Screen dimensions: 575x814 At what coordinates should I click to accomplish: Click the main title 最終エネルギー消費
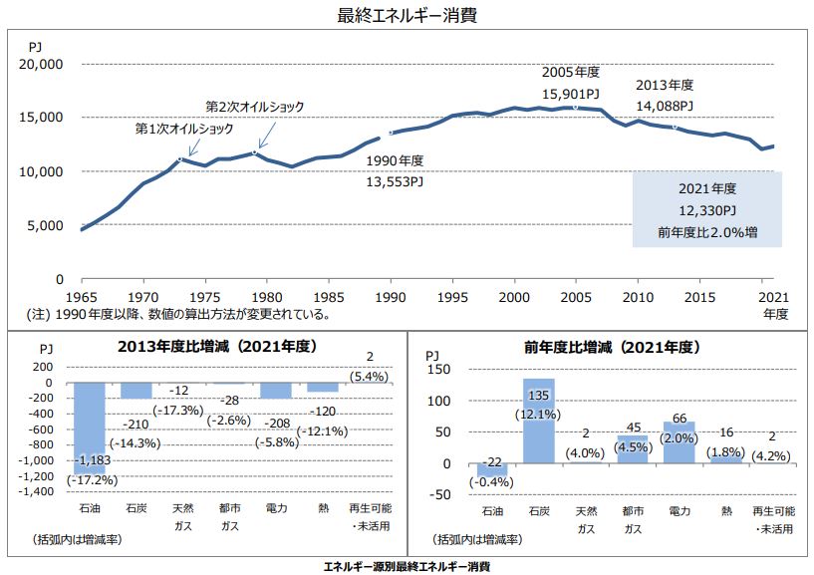(x=407, y=15)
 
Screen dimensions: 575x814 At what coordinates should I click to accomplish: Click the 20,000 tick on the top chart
(x=42, y=64)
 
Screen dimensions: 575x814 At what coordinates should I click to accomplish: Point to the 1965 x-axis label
(x=81, y=296)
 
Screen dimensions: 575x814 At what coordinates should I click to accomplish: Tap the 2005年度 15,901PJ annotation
(x=572, y=83)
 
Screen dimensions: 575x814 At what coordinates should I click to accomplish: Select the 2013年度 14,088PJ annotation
(x=665, y=95)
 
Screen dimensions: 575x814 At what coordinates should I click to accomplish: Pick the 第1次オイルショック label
(x=185, y=130)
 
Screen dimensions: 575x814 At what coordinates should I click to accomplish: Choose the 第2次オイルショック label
(x=255, y=106)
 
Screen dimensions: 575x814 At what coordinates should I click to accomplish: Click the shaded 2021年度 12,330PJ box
(x=706, y=209)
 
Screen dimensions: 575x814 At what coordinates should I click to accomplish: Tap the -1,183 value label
(x=91, y=461)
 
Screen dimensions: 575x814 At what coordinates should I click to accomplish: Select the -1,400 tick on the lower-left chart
(x=39, y=492)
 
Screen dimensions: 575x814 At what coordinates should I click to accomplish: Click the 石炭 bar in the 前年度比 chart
(x=539, y=421)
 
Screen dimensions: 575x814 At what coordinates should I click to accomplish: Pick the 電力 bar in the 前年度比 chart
(x=678, y=442)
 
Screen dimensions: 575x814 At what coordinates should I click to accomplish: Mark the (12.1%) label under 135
(x=539, y=413)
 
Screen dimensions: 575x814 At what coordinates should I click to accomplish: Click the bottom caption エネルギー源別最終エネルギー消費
(x=407, y=565)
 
